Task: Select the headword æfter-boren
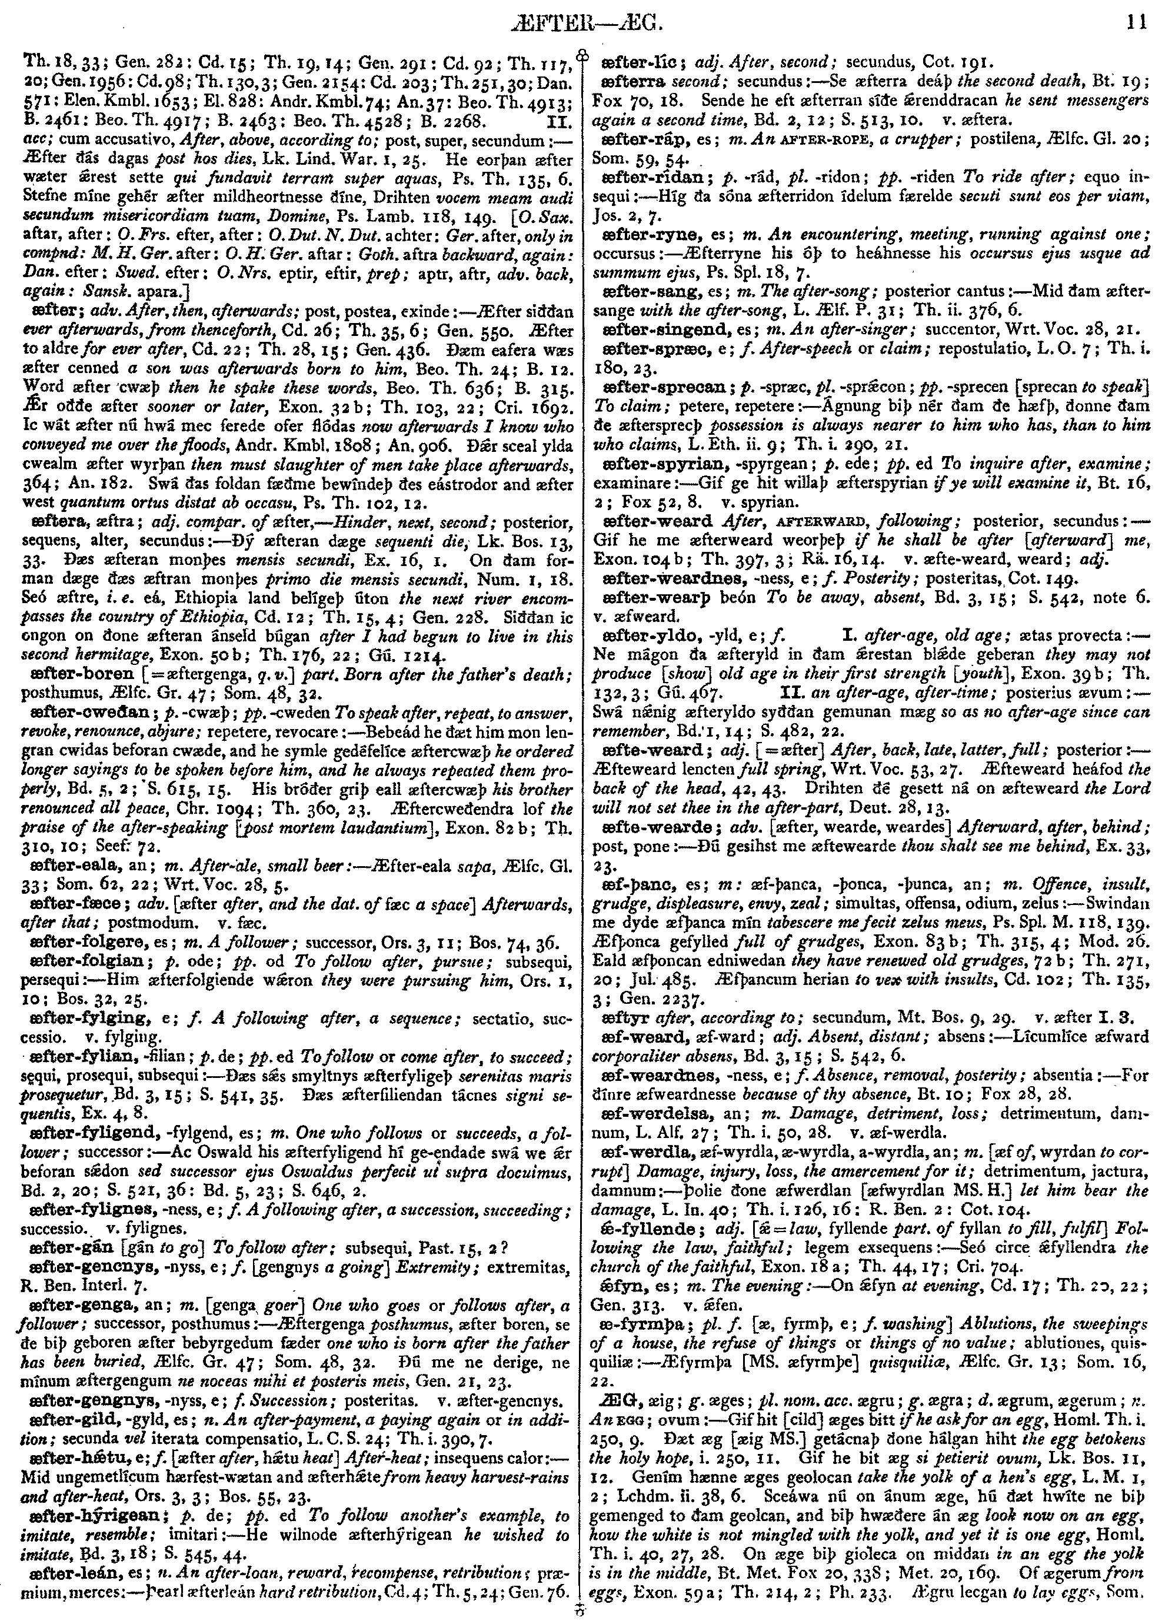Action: coord(83,674)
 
